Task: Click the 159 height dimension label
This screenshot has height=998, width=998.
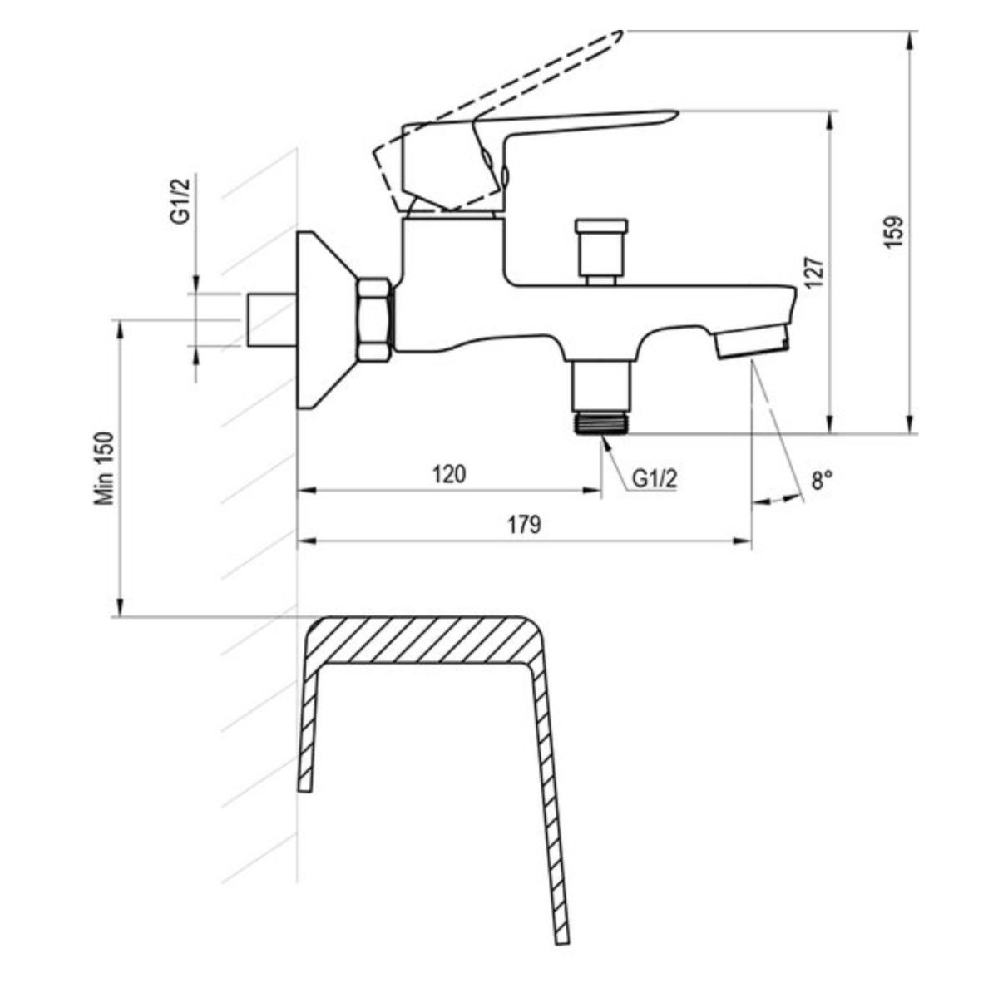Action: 894,231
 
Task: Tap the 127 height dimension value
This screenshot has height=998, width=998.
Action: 815,272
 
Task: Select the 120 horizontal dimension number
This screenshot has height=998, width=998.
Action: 449,474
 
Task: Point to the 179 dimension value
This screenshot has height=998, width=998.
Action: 524,525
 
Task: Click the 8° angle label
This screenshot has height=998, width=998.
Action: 822,480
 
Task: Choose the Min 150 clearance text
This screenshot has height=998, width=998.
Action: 104,468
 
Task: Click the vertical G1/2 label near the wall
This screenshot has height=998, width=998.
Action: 180,200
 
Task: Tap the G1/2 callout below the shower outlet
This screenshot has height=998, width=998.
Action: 655,478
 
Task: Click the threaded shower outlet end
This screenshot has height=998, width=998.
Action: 601,422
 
